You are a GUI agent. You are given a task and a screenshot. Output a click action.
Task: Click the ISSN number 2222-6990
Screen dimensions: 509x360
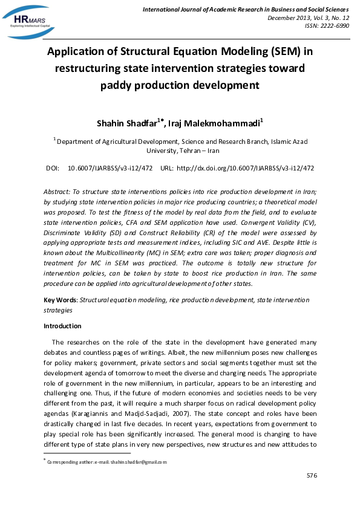coord(335,25)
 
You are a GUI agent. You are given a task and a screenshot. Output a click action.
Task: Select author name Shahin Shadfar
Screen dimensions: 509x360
coord(126,123)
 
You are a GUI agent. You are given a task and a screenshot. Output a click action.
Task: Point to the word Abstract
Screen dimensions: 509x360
coord(56,189)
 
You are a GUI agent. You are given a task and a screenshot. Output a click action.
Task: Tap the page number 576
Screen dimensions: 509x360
coord(312,476)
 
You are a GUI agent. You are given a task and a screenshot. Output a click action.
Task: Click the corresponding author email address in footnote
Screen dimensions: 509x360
coord(134,462)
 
